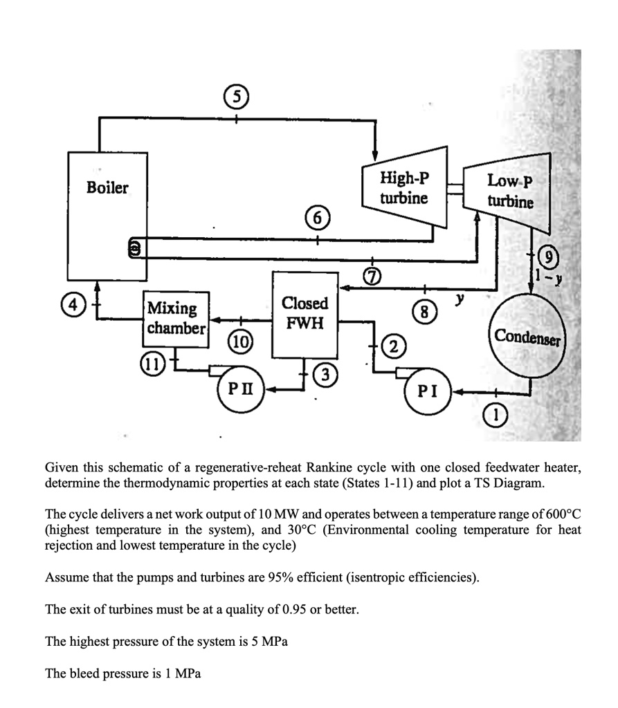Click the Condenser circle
pyautogui.click(x=529, y=336)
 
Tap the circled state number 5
pyautogui.click(x=237, y=97)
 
